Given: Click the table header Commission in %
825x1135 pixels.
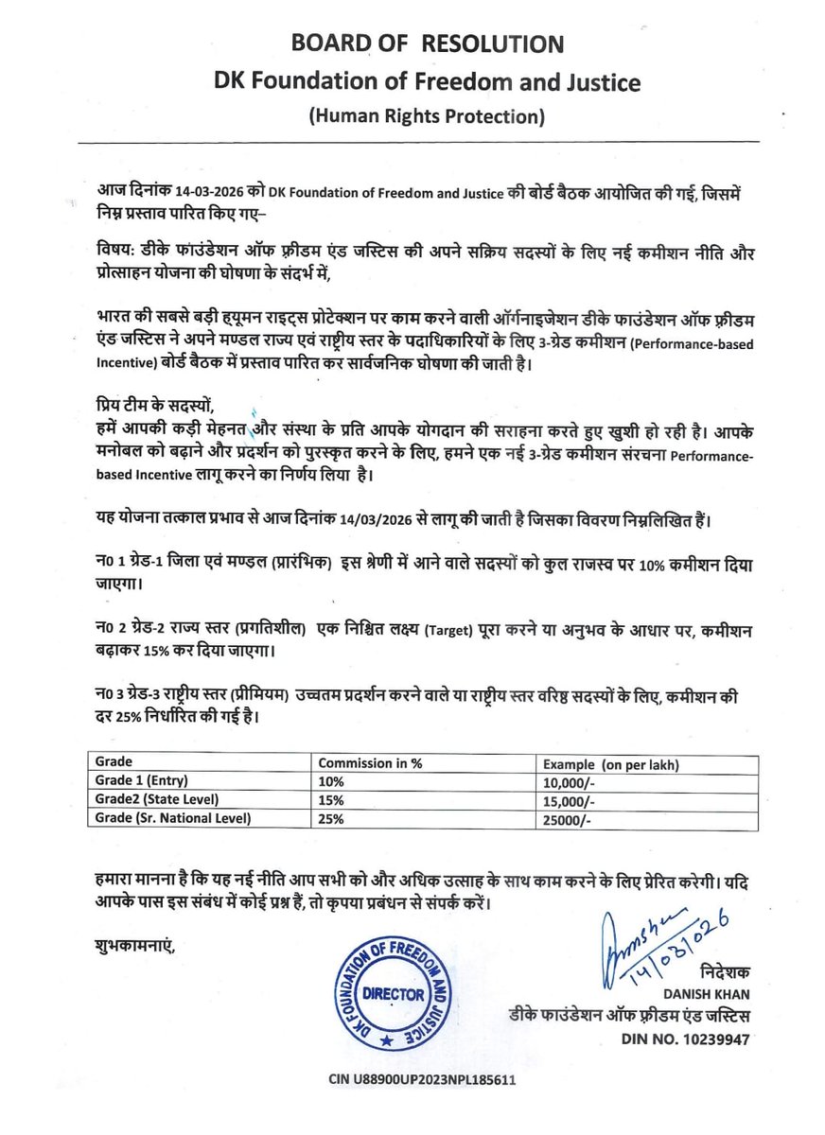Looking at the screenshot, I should [x=369, y=763].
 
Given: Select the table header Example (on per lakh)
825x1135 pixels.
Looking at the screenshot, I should [x=611, y=763].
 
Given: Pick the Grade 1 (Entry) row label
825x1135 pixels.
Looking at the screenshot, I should [x=142, y=780].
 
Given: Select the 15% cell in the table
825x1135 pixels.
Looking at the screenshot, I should [x=332, y=799].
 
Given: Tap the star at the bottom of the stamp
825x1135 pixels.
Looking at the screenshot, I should [x=385, y=1040].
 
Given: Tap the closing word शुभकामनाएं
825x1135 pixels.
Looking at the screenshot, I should [x=135, y=944].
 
